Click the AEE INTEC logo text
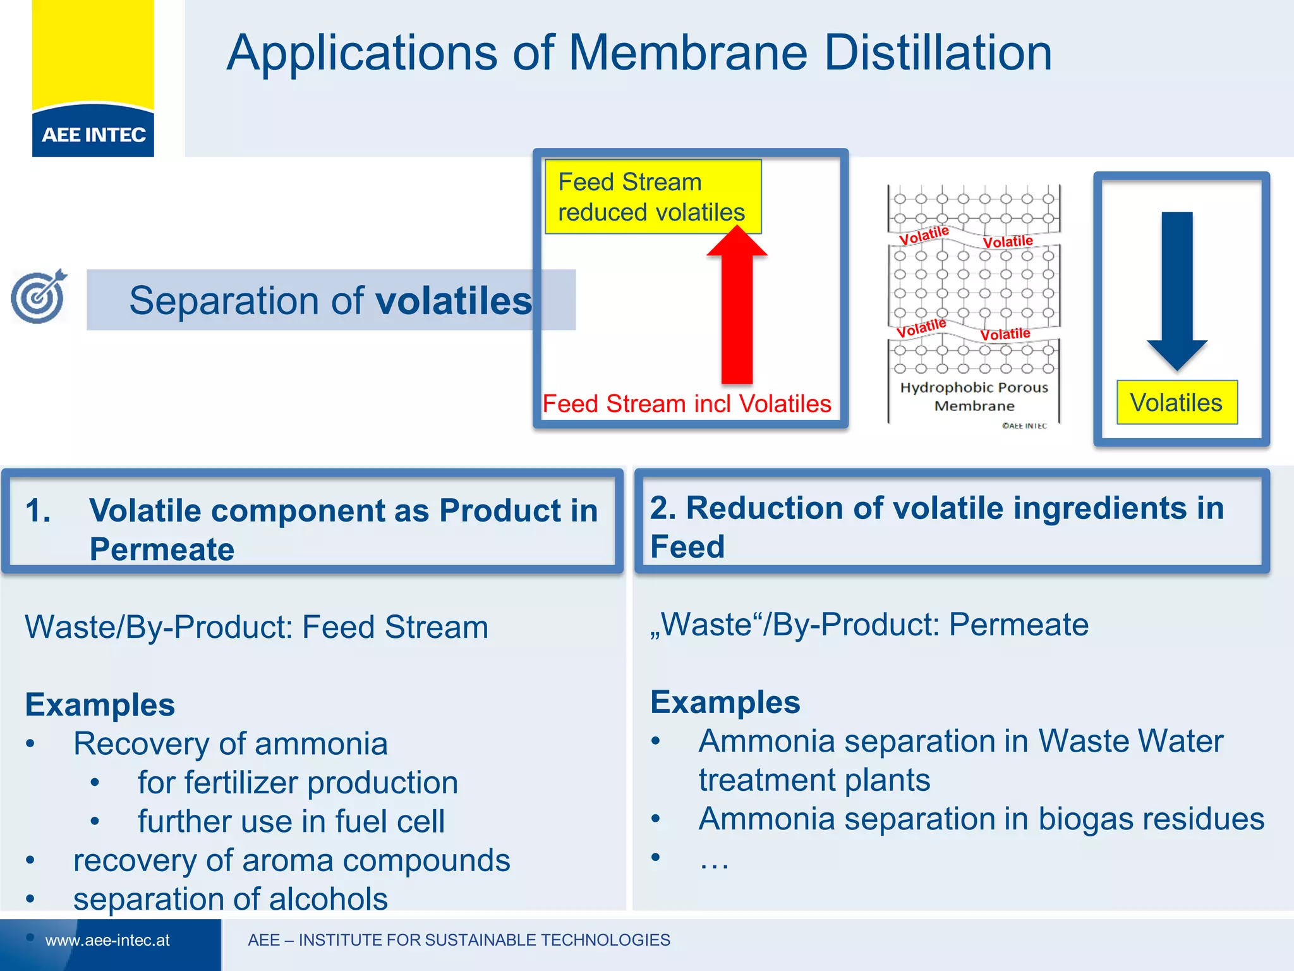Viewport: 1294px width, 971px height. (x=94, y=135)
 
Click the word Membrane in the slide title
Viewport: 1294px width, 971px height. (x=688, y=53)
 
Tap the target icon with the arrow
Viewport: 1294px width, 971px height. (x=39, y=296)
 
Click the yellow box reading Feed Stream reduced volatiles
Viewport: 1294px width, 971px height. (x=652, y=197)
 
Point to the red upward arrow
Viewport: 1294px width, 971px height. (x=737, y=310)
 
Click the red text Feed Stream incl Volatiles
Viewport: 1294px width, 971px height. (x=687, y=403)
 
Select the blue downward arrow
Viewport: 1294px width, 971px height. (x=1177, y=291)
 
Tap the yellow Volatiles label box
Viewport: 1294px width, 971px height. (x=1176, y=403)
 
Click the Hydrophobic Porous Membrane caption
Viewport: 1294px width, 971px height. (x=974, y=396)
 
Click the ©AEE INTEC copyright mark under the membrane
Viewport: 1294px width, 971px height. (x=1024, y=426)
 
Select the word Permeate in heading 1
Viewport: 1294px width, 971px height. (x=162, y=549)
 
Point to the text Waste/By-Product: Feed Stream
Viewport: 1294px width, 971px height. (x=257, y=627)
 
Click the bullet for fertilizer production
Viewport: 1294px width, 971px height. (x=298, y=783)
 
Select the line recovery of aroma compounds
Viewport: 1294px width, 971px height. (x=291, y=860)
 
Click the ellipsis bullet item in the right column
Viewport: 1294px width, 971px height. (x=714, y=860)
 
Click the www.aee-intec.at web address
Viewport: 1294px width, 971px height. (x=107, y=940)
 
